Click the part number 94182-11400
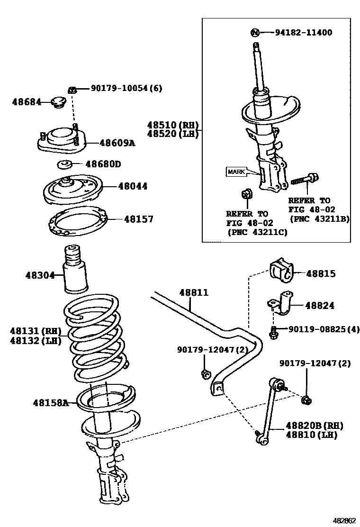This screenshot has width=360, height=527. [303, 33]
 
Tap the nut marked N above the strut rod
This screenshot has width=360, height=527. [255, 33]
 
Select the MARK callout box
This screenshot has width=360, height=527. [236, 172]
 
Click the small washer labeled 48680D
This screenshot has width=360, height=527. [64, 165]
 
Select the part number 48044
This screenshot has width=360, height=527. [133, 186]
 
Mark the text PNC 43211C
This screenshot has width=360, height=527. [258, 233]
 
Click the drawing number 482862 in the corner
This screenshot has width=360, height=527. [343, 520]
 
